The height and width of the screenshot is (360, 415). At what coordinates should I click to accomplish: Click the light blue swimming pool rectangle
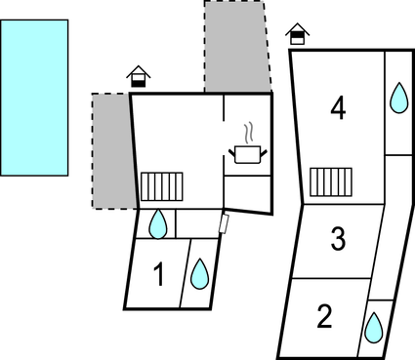click(x=34, y=97)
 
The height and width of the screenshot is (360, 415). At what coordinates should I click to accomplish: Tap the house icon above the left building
click(x=140, y=76)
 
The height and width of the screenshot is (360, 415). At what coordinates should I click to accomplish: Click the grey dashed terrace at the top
click(x=235, y=45)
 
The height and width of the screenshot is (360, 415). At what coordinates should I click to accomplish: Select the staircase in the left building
click(x=161, y=185)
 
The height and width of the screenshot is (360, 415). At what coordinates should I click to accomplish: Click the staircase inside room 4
click(x=330, y=181)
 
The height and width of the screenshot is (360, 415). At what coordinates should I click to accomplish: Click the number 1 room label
click(x=159, y=276)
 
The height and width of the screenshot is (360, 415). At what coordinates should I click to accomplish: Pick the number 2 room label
click(x=325, y=316)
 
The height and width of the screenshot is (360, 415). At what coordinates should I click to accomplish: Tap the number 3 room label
click(x=338, y=239)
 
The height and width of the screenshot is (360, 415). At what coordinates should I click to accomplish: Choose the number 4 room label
click(x=338, y=108)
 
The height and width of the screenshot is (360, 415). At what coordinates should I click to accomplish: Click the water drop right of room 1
click(x=199, y=273)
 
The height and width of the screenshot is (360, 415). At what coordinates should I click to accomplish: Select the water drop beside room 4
click(x=398, y=98)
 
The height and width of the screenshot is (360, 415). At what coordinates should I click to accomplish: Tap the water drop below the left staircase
click(x=157, y=224)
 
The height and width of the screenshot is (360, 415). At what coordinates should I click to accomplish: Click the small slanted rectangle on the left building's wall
click(x=225, y=224)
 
